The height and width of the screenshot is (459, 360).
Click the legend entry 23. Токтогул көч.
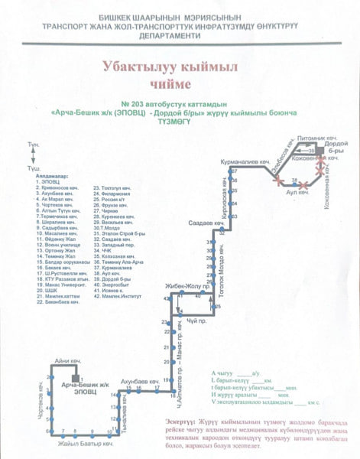112,187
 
